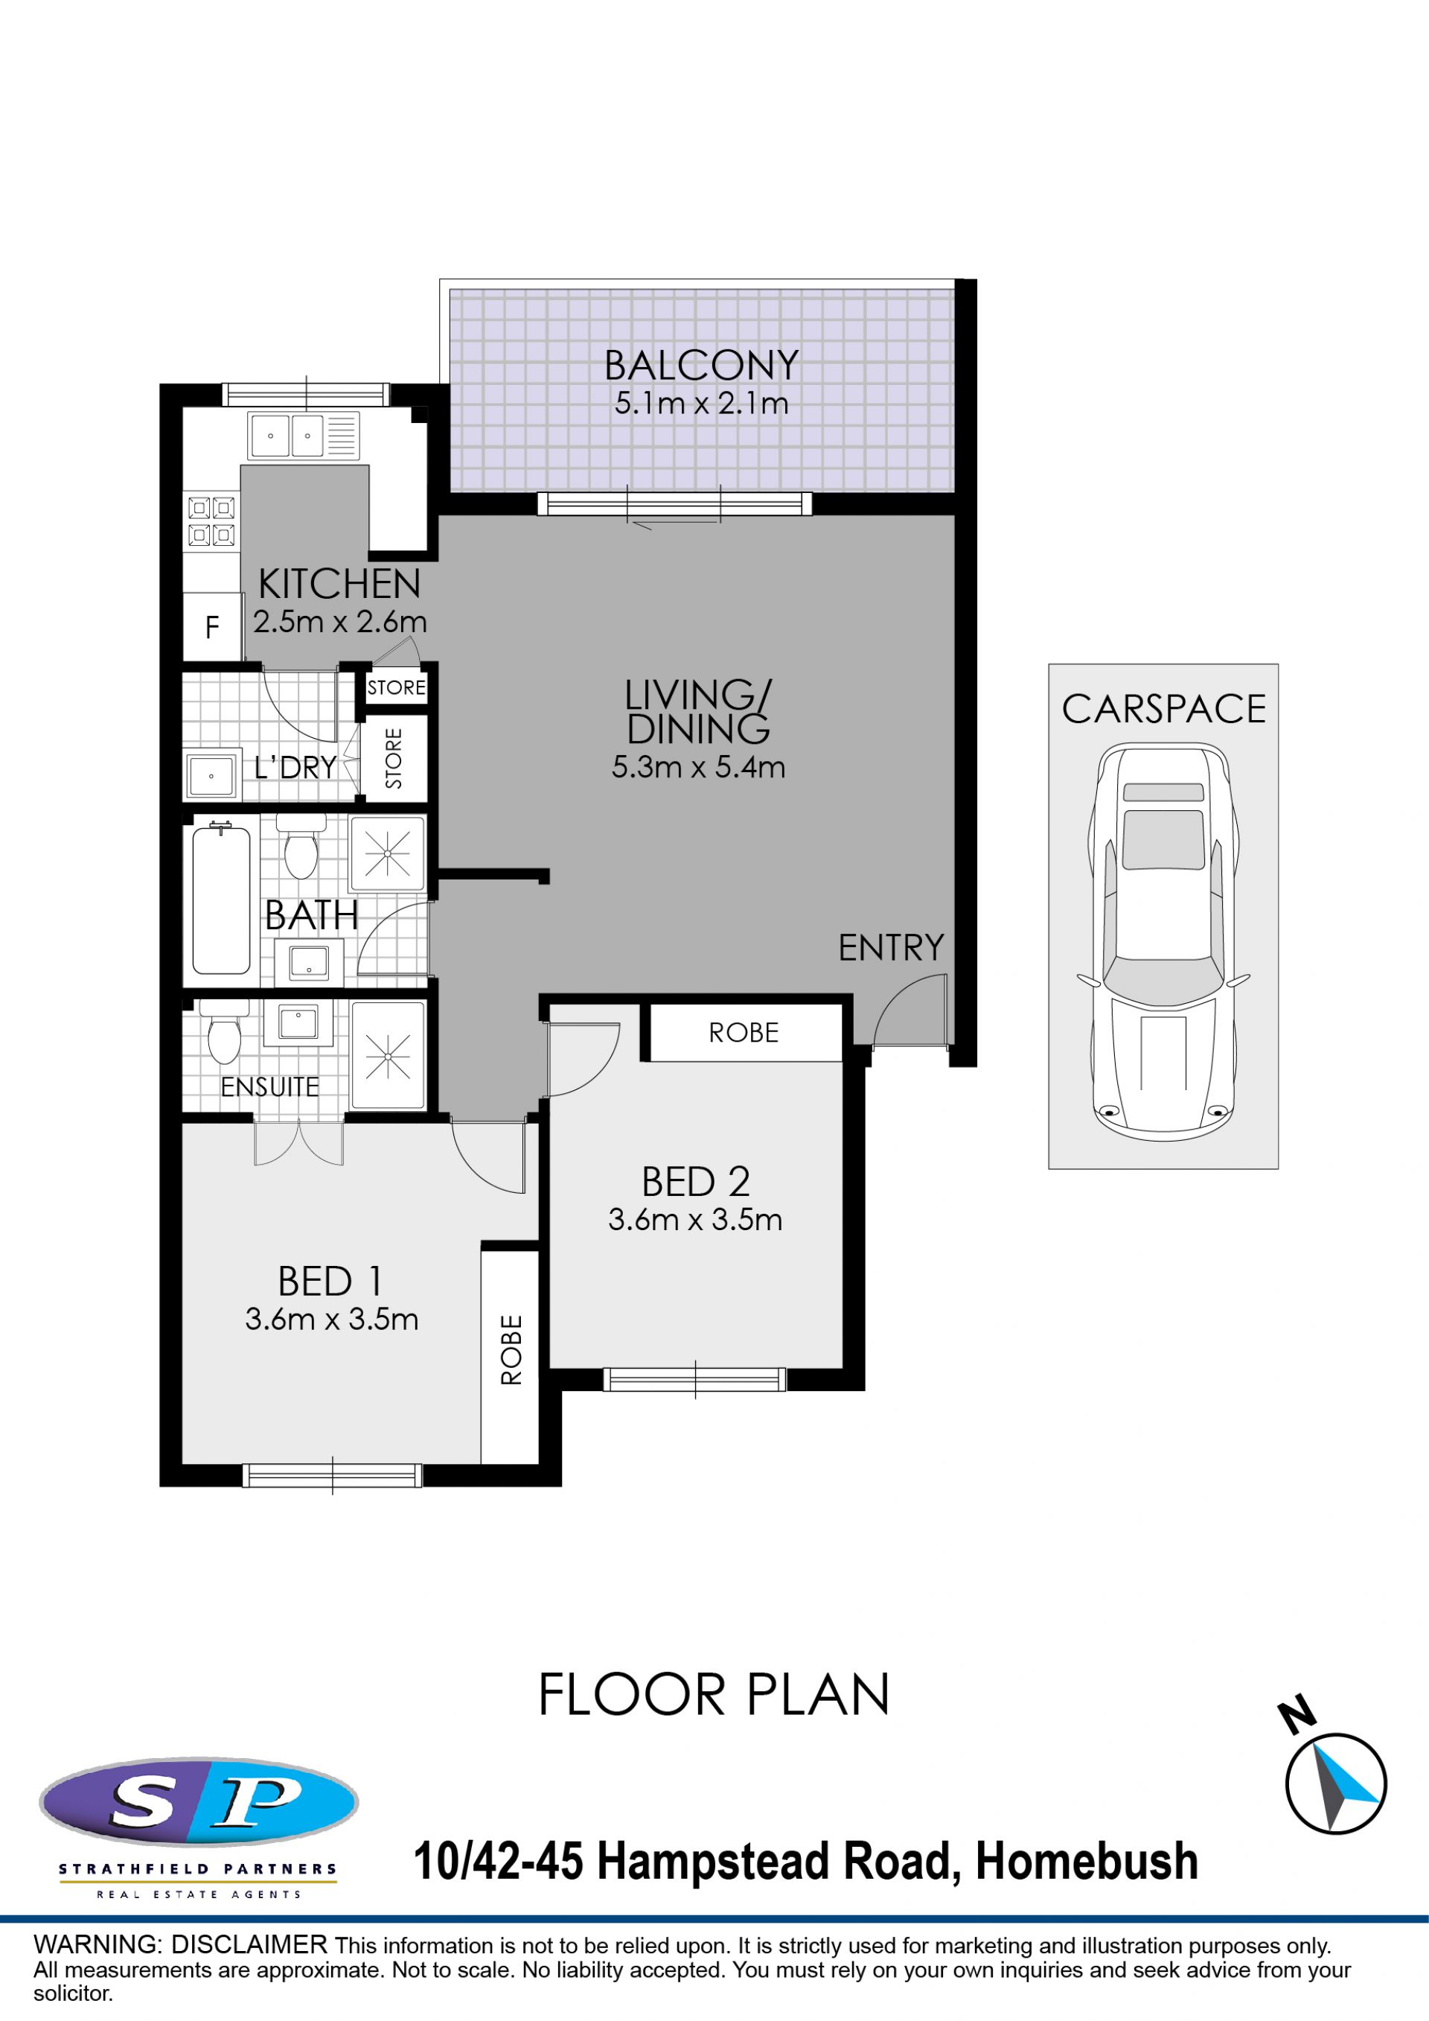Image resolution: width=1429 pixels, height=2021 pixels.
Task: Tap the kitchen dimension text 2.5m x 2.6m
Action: click(x=339, y=622)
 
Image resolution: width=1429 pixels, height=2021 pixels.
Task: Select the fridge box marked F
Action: click(x=212, y=627)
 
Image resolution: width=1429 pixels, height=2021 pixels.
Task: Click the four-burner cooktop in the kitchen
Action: click(x=211, y=521)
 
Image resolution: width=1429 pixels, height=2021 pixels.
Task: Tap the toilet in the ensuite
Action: click(x=223, y=1031)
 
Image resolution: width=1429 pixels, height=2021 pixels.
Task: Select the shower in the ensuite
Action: click(x=388, y=1055)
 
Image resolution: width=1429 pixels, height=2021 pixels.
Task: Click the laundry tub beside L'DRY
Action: click(x=212, y=774)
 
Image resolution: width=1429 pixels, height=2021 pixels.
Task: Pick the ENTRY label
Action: click(x=890, y=948)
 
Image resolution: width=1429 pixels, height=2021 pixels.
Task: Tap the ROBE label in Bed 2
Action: click(x=744, y=1033)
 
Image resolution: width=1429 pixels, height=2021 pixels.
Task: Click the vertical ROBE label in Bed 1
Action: click(x=511, y=1349)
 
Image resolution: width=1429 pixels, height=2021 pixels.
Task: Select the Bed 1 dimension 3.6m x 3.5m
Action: click(x=332, y=1319)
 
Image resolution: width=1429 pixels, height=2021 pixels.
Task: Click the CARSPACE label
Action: click(x=1163, y=709)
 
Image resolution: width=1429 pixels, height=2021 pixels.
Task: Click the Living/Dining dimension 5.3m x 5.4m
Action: click(x=699, y=767)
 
